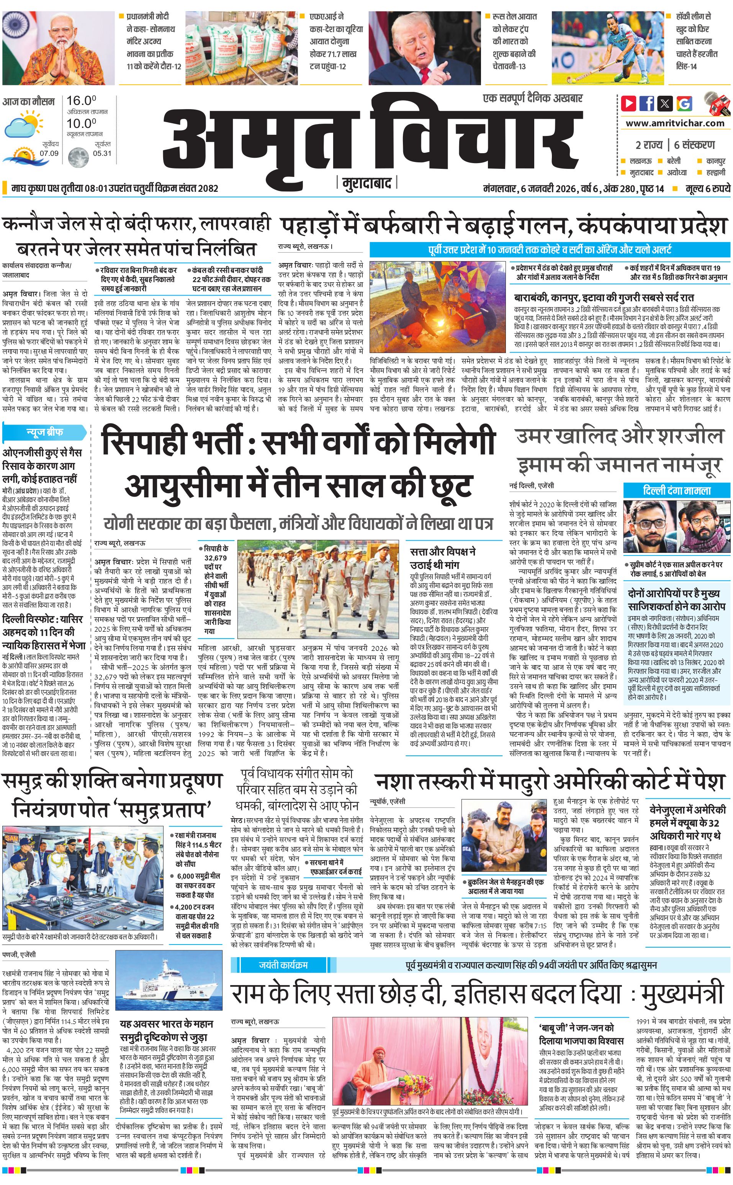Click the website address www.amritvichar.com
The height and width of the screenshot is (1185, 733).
(675, 123)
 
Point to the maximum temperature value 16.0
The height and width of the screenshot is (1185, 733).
(82, 101)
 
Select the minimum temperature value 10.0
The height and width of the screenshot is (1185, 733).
(82, 123)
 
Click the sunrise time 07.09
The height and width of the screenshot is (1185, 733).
(49, 153)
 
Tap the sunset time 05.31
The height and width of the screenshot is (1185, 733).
(102, 153)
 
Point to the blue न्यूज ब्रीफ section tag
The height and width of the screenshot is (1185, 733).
(44, 432)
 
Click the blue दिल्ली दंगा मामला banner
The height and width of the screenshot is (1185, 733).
(676, 490)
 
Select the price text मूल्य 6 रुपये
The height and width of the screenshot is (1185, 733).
(707, 188)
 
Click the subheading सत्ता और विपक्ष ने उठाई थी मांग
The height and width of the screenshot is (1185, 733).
(442, 558)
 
